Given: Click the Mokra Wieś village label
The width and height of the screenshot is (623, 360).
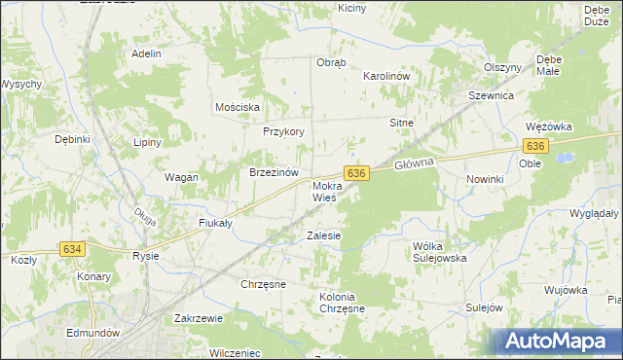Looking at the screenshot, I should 324,191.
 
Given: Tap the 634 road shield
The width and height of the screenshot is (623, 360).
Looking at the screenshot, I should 72,249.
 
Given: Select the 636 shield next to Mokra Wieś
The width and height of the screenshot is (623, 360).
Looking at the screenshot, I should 357,172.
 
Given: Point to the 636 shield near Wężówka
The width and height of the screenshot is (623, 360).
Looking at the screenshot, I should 534,145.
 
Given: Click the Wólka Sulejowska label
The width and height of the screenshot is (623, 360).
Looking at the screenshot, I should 440,252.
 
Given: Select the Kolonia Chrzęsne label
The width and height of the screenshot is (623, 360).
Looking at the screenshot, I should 342,302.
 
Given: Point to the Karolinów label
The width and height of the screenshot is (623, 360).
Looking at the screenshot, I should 389,75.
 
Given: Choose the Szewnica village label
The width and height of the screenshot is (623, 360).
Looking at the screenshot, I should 491,96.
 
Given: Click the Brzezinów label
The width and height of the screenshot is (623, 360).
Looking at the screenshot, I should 273,172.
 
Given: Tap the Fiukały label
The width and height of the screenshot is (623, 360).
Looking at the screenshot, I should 214,222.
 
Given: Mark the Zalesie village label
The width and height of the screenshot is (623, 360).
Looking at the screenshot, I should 324,235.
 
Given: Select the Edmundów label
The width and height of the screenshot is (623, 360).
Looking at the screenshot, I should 93,332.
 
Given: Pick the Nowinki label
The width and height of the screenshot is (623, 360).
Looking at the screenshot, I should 484,179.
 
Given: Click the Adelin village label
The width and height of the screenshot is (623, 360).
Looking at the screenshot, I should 146,54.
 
